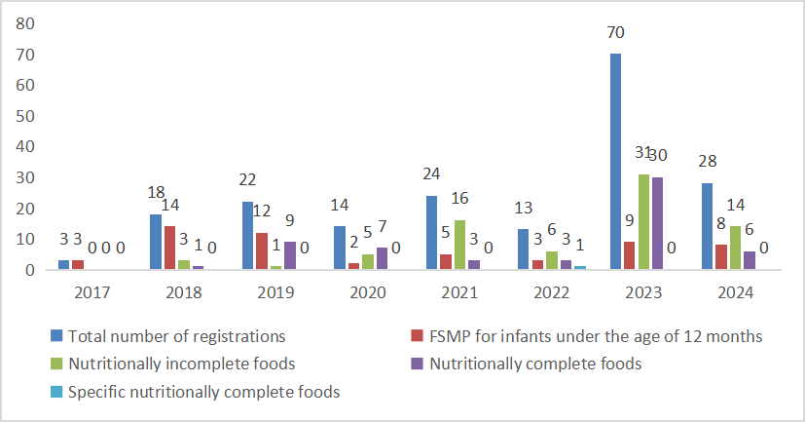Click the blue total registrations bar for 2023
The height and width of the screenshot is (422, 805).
click(614, 161)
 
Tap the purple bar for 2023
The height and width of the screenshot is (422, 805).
click(657, 223)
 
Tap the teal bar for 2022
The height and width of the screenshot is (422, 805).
click(580, 267)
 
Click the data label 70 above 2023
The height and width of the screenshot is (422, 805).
click(614, 33)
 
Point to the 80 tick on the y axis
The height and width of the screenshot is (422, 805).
click(26, 22)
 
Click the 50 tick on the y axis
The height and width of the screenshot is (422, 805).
click(26, 115)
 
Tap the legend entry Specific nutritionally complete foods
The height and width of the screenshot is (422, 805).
click(202, 393)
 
